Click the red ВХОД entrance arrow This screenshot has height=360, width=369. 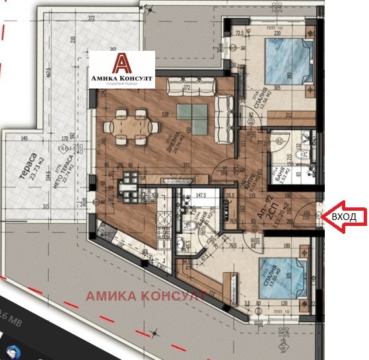coord(345,217)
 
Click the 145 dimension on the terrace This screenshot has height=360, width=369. coord(24,139)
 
